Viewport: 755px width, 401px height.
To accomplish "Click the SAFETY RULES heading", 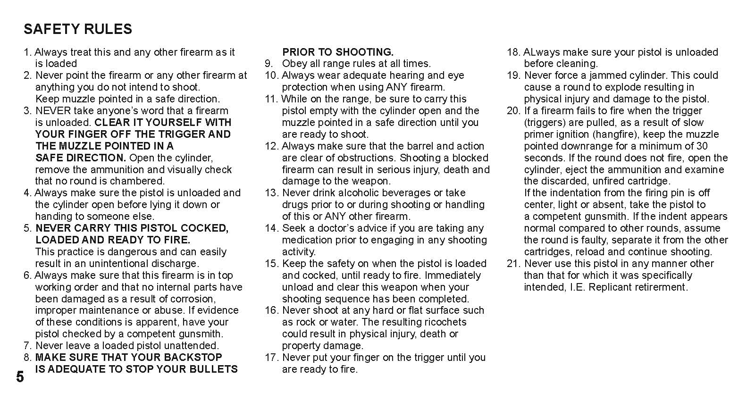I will click(78, 29).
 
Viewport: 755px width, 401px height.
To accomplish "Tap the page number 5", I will click(20, 377).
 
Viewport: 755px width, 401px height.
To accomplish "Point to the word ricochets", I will click(445, 322).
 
